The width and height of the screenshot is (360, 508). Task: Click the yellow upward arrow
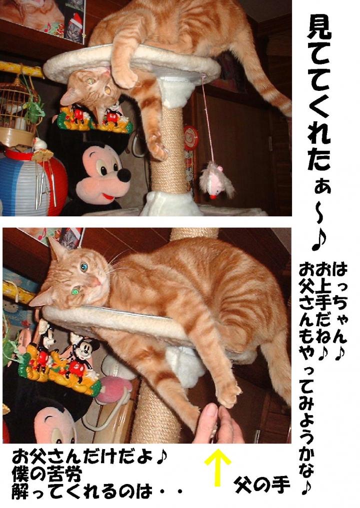[x=217, y=467]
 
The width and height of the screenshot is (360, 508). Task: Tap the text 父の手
[x=261, y=485]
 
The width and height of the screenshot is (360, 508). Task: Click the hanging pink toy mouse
[x=215, y=180]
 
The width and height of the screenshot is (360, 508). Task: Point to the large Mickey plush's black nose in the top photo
[x=124, y=175]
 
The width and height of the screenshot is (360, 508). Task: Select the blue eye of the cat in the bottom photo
[x=84, y=267]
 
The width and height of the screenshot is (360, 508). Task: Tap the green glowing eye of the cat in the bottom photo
[x=75, y=291]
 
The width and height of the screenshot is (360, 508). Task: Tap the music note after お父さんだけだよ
[x=161, y=457]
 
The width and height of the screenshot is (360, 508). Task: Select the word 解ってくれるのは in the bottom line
[x=81, y=492]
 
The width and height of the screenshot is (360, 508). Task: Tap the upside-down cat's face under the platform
[x=92, y=87]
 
